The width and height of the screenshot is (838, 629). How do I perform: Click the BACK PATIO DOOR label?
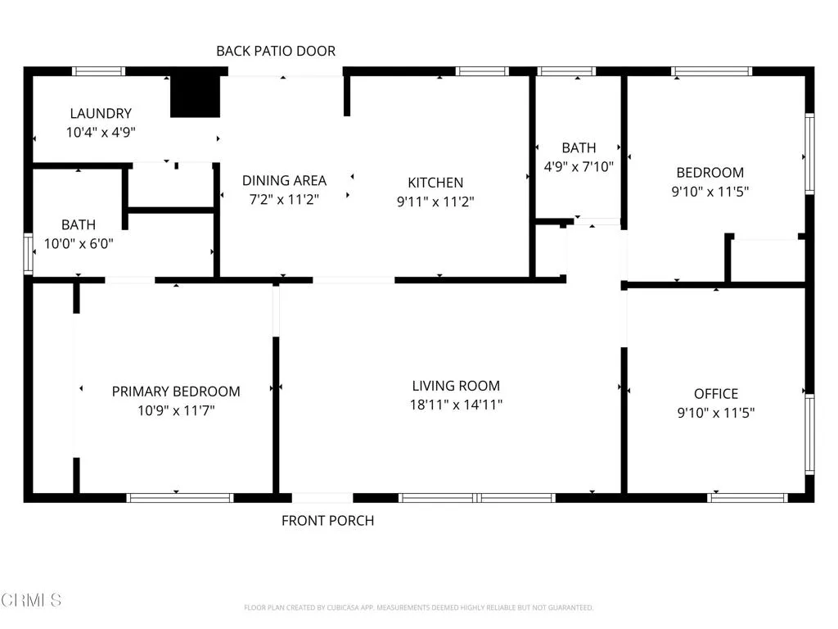(x=276, y=52)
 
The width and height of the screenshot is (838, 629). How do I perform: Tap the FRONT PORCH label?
(x=327, y=521)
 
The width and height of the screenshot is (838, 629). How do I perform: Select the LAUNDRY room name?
(x=101, y=113)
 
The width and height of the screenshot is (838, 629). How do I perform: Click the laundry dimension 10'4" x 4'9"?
(x=101, y=132)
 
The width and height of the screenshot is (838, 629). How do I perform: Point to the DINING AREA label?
(x=284, y=181)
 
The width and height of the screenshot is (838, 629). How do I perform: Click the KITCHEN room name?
(x=435, y=183)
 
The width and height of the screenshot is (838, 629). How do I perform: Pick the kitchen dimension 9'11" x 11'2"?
(x=435, y=201)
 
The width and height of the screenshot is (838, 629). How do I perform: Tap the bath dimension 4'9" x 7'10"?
(x=579, y=167)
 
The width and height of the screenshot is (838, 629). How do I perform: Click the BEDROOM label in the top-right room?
(x=710, y=173)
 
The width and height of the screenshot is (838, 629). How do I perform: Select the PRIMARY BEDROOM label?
(x=176, y=391)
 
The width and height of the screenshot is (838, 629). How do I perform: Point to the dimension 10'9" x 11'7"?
(x=176, y=411)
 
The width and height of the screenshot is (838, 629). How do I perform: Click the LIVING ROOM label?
(x=456, y=386)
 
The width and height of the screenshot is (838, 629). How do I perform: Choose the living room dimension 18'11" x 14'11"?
(x=456, y=405)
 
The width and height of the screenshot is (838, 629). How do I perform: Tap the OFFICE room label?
(x=716, y=394)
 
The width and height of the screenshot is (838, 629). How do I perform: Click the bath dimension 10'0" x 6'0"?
(x=79, y=244)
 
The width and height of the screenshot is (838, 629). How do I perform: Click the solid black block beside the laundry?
(x=196, y=97)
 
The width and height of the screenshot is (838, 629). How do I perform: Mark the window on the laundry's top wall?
(x=99, y=71)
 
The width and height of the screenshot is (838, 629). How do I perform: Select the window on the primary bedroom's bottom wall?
(x=180, y=498)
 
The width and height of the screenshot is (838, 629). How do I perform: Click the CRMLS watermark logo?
(x=31, y=600)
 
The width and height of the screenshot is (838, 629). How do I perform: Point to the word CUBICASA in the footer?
(x=342, y=608)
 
